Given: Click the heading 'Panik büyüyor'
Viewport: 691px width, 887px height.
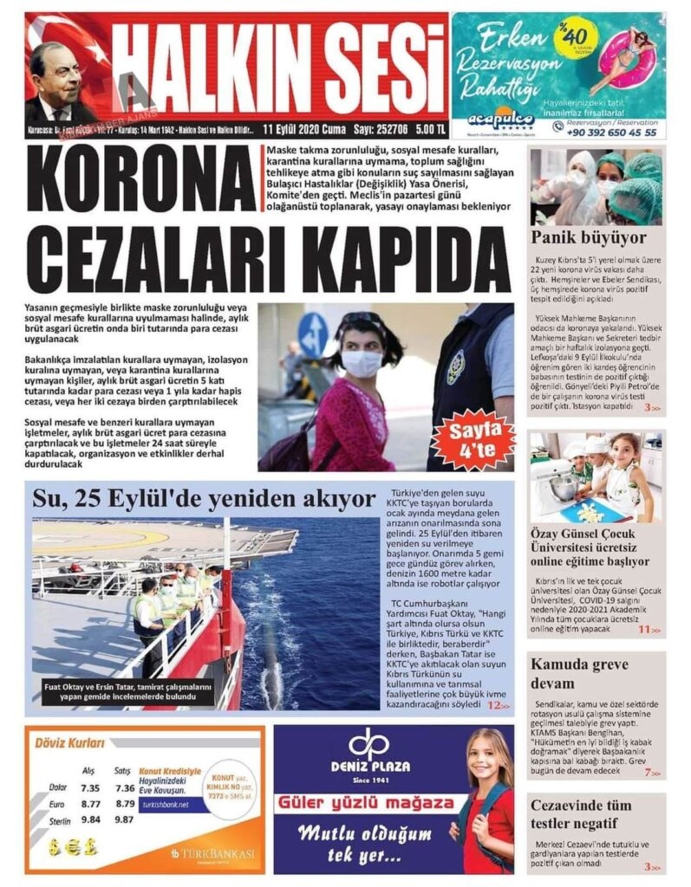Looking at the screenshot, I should pyautogui.click(x=577, y=236).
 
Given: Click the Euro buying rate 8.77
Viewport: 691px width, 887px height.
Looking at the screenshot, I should pyautogui.click(x=89, y=804).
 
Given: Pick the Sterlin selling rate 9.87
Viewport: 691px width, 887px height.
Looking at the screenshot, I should pyautogui.click(x=124, y=819).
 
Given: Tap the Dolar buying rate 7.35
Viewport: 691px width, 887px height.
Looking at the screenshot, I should pyautogui.click(x=89, y=787).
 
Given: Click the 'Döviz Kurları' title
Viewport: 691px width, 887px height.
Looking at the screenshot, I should pyautogui.click(x=68, y=742).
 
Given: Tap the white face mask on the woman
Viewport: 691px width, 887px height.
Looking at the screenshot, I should pyautogui.click(x=362, y=362).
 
